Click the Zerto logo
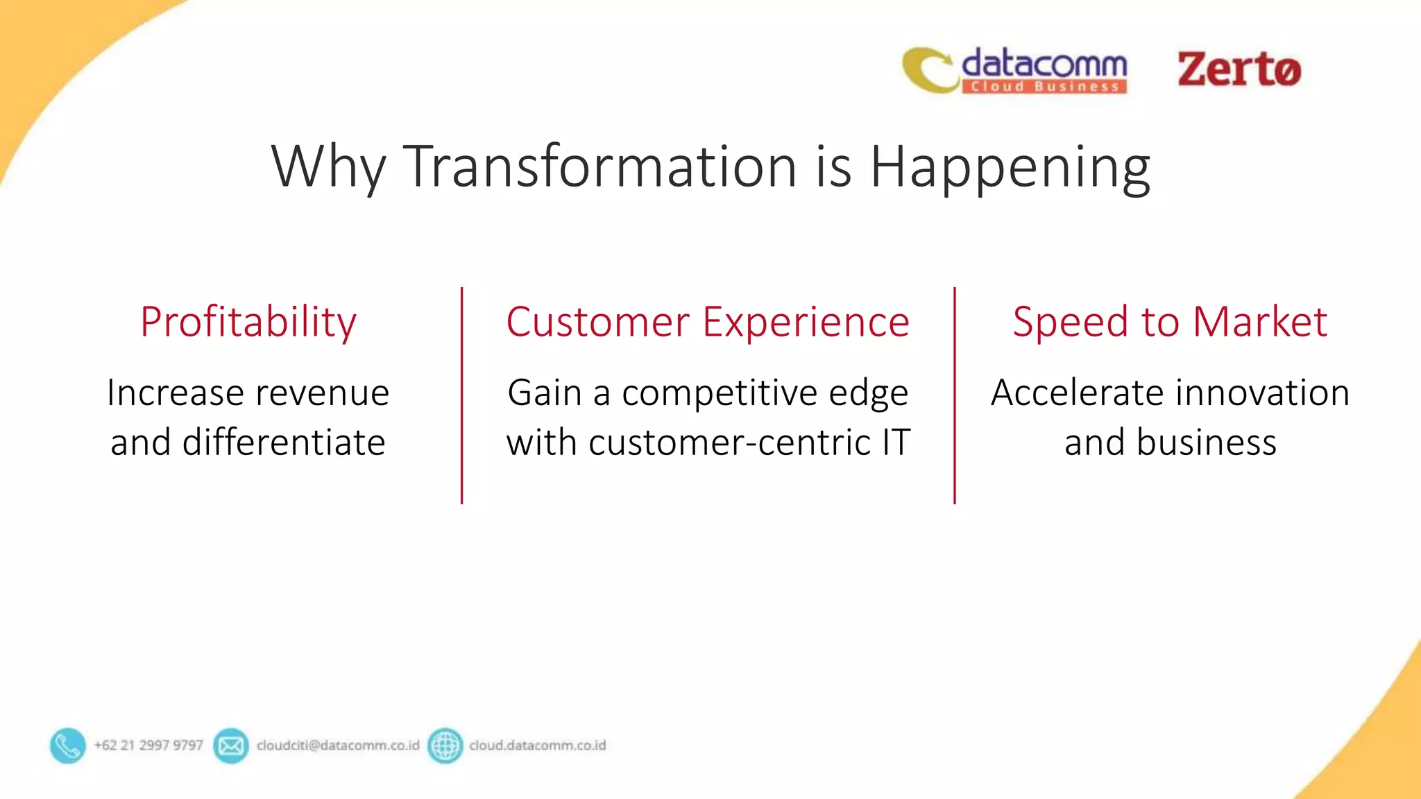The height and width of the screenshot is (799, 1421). coord(1239,69)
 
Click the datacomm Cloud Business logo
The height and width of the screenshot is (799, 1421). coord(1015,70)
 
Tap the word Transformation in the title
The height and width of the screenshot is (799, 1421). coord(599,167)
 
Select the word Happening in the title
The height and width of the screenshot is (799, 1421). coord(1010,167)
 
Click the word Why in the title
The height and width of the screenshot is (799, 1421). coord(328,167)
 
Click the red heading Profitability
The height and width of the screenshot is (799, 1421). coord(248,322)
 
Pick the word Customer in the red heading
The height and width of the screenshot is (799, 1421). coord(597,322)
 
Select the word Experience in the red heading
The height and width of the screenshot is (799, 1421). coord(806,322)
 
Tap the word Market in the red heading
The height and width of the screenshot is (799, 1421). coord(1260,322)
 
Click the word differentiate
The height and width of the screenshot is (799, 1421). coord(284,443)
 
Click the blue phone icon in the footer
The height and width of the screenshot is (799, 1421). coord(68,746)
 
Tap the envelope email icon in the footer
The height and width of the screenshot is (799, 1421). coord(230,746)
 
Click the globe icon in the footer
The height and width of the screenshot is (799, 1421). coord(445,746)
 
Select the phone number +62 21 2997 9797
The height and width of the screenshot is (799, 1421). coord(148,746)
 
